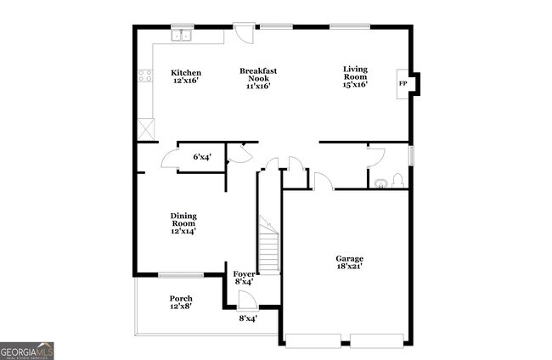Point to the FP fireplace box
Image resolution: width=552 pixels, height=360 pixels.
tap(403, 83)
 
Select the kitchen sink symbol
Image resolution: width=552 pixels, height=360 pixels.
tap(183, 36)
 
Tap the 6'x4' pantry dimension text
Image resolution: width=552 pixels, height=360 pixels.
tap(202, 157)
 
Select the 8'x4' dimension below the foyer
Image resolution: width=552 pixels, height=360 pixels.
tap(247, 318)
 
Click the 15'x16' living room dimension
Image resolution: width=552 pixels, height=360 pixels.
tap(355, 84)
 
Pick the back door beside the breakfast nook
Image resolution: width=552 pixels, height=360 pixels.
tap(243, 33)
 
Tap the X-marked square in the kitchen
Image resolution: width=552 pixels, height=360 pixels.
tap(146, 130)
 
